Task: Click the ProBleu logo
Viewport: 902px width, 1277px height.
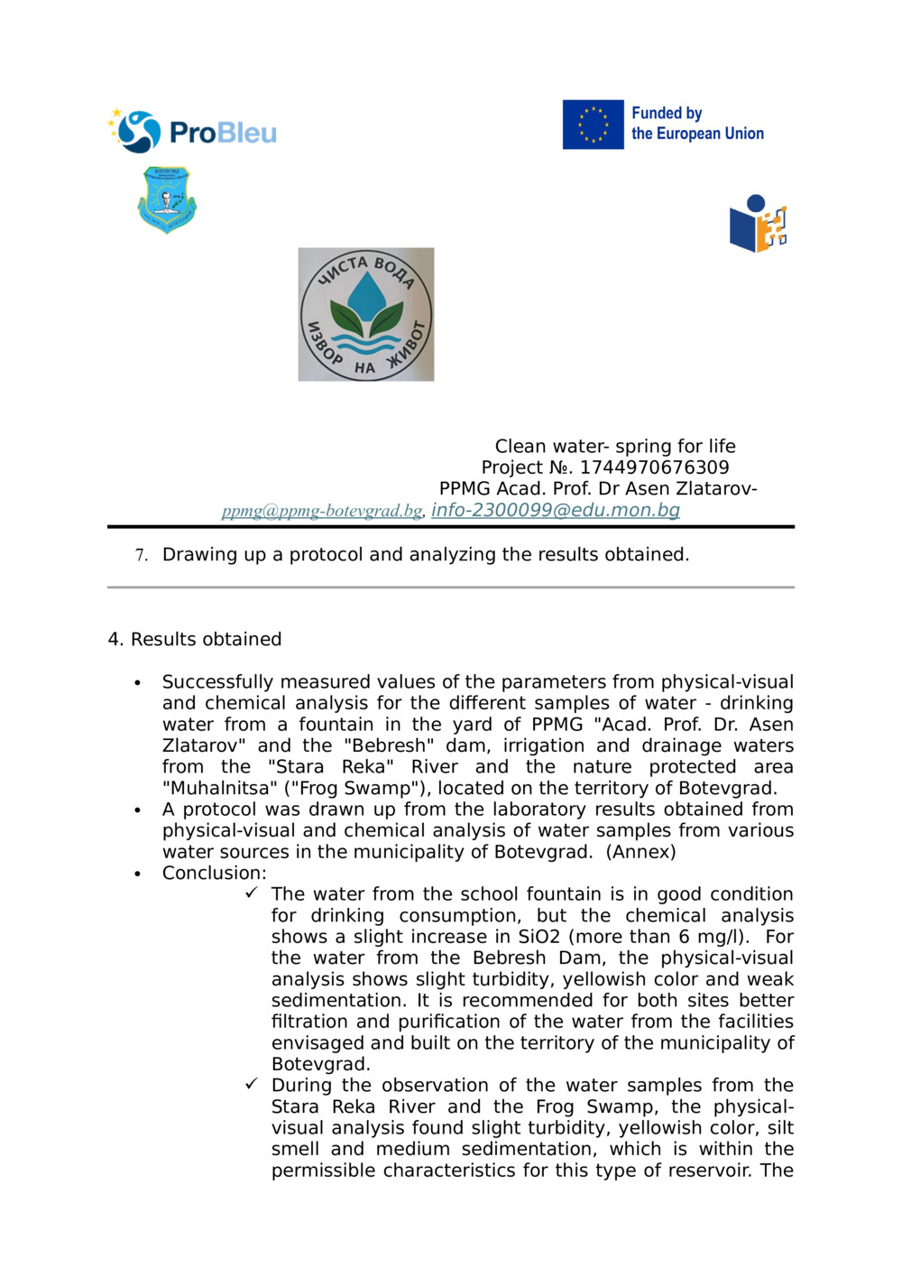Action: [x=192, y=132]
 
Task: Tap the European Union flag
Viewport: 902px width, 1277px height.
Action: [x=593, y=125]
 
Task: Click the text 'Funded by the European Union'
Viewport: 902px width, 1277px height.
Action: [x=696, y=124]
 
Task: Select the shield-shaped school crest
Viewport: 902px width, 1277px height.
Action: [x=167, y=199]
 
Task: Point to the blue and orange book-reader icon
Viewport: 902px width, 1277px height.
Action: [x=758, y=224]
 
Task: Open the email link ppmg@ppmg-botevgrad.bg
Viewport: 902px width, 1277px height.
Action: [x=321, y=511]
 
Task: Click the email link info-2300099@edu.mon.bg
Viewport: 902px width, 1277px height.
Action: [x=555, y=510]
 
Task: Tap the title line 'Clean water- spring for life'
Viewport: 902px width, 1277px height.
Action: [x=614, y=446]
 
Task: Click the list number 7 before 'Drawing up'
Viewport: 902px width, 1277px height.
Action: [x=141, y=555]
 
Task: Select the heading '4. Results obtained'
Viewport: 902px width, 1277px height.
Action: [x=195, y=639]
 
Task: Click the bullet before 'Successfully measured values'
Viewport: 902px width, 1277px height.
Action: [x=137, y=683]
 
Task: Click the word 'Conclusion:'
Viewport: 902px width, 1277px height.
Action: [x=214, y=873]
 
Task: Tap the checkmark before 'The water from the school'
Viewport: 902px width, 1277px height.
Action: [x=252, y=893]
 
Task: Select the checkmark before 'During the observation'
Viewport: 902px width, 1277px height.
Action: [x=252, y=1084]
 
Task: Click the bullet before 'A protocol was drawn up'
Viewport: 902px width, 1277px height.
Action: [x=137, y=810]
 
